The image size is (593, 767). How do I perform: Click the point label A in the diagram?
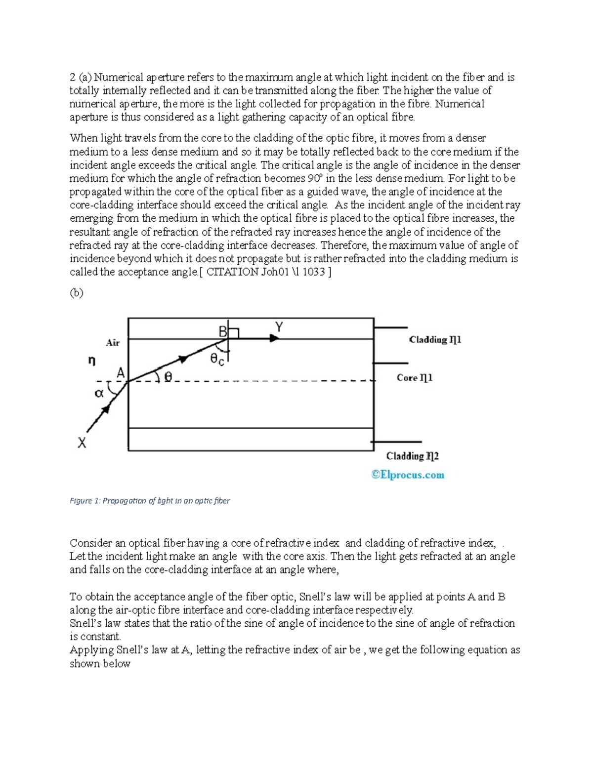(x=120, y=373)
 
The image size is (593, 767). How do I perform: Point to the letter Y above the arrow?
(x=279, y=327)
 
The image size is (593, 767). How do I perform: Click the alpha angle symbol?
(x=99, y=393)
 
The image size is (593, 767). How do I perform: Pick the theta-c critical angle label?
(x=217, y=360)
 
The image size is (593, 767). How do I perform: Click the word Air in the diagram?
(x=113, y=342)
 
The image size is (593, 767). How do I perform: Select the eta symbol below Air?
(x=91, y=361)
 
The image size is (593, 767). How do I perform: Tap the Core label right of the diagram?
(x=415, y=378)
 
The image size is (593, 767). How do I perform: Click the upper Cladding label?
(x=435, y=340)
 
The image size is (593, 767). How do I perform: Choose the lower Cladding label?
(x=412, y=456)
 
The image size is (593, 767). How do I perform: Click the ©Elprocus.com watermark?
(x=408, y=475)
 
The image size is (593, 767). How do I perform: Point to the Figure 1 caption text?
(x=150, y=501)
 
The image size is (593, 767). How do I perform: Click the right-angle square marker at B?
(x=233, y=333)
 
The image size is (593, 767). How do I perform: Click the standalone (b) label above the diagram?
(x=77, y=293)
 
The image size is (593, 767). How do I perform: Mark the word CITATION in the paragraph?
(x=232, y=272)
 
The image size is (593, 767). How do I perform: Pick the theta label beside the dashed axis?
(x=168, y=377)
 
